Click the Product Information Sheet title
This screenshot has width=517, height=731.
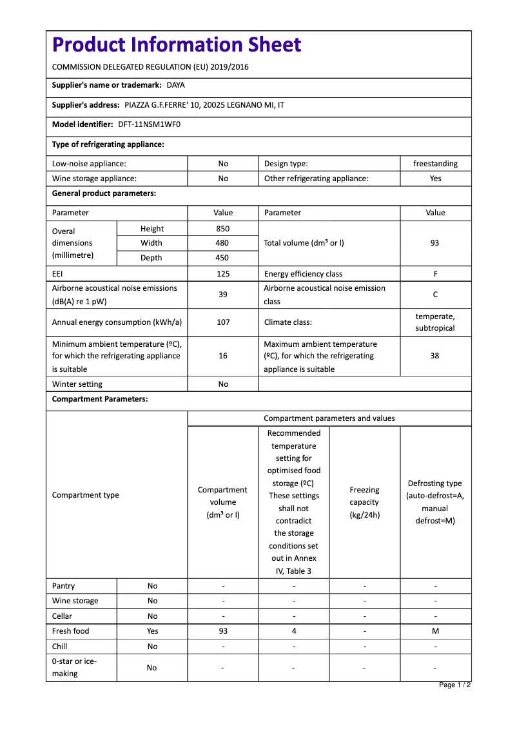tap(177, 45)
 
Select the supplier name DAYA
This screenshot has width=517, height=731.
tap(175, 85)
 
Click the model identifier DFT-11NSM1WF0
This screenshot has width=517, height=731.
tap(150, 124)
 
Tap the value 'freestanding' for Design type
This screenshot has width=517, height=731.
tap(435, 164)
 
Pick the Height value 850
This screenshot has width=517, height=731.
tap(223, 229)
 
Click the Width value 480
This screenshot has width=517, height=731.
tap(223, 243)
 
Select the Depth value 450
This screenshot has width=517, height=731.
tap(223, 258)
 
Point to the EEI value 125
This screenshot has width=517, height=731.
tap(223, 274)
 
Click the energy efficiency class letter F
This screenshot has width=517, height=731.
tap(435, 274)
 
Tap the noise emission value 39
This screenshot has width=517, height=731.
tap(223, 295)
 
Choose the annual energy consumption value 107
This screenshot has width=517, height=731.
tap(223, 322)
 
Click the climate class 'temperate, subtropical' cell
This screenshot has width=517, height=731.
tap(435, 322)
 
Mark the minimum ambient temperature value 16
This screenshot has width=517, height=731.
tap(223, 356)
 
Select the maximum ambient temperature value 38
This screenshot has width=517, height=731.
tap(435, 356)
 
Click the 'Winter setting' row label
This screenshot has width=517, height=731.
tap(77, 384)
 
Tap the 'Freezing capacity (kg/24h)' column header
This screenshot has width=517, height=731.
tap(364, 502)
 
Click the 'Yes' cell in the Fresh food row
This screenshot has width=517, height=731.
tap(152, 631)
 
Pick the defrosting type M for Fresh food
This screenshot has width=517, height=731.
tap(435, 631)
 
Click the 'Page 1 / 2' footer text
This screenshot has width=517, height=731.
tap(454, 685)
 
